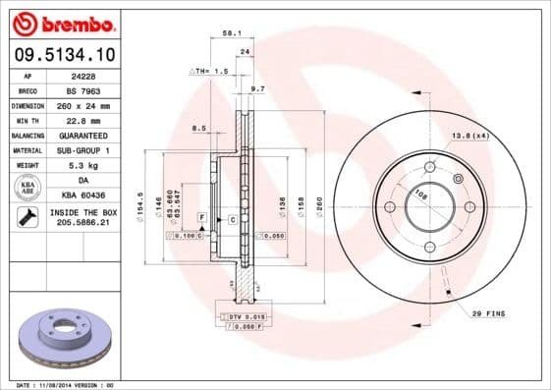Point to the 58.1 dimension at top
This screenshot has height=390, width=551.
[230, 33]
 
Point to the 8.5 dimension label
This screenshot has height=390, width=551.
[198, 128]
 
